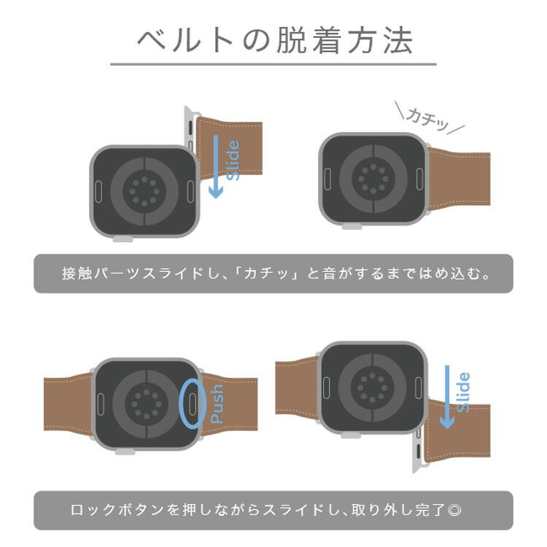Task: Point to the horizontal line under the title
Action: pyautogui.click(x=273, y=64)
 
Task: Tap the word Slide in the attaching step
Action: pyautogui.click(x=233, y=160)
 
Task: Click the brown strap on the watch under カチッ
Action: pyautogui.click(x=459, y=177)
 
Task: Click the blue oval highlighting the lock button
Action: pyautogui.click(x=193, y=402)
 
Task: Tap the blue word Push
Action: pyautogui.click(x=217, y=404)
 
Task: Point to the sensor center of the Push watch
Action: pyautogui.click(x=146, y=403)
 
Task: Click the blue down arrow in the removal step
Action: pyautogui.click(x=447, y=397)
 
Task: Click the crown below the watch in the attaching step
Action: pyautogui.click(x=122, y=238)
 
